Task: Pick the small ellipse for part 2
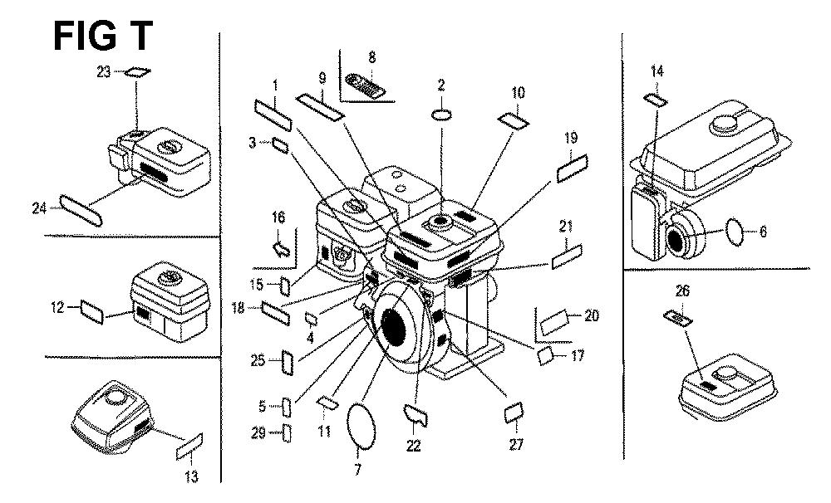(x=441, y=113)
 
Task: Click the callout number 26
(x=682, y=291)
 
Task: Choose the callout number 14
(x=656, y=71)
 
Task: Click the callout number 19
(x=569, y=138)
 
